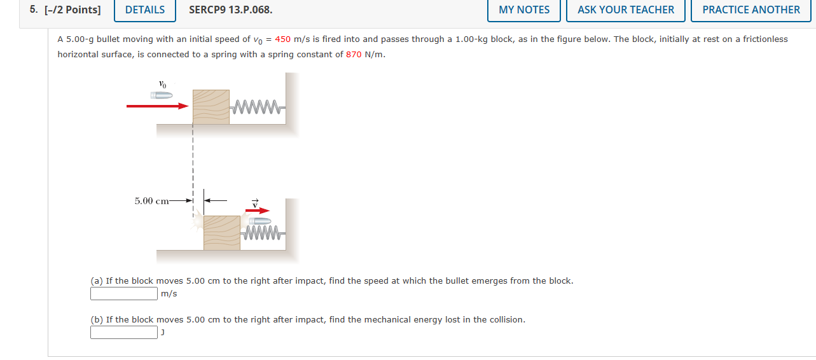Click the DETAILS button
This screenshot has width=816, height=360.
pyautogui.click(x=145, y=10)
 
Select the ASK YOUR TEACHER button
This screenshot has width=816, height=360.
pyautogui.click(x=626, y=10)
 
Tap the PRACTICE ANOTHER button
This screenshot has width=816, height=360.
pyautogui.click(x=751, y=10)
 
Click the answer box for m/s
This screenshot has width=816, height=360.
pyautogui.click(x=124, y=293)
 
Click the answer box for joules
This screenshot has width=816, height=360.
pyautogui.click(x=124, y=332)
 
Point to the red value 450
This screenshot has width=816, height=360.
pyautogui.click(x=282, y=39)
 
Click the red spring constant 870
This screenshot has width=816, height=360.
pyautogui.click(x=354, y=55)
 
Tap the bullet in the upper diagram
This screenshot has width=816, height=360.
pyautogui.click(x=162, y=95)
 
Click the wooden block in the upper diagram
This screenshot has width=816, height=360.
pyautogui.click(x=211, y=106)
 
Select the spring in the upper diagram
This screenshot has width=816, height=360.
pyautogui.click(x=256, y=106)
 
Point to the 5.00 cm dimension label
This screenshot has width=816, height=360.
pyautogui.click(x=151, y=201)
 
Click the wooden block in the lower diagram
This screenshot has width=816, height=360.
pyautogui.click(x=222, y=233)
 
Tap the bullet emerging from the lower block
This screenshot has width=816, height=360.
pyautogui.click(x=259, y=221)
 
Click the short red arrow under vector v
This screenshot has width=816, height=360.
pyautogui.click(x=257, y=211)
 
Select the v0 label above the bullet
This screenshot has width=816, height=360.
pyautogui.click(x=162, y=83)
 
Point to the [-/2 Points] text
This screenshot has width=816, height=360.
pyautogui.click(x=73, y=10)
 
